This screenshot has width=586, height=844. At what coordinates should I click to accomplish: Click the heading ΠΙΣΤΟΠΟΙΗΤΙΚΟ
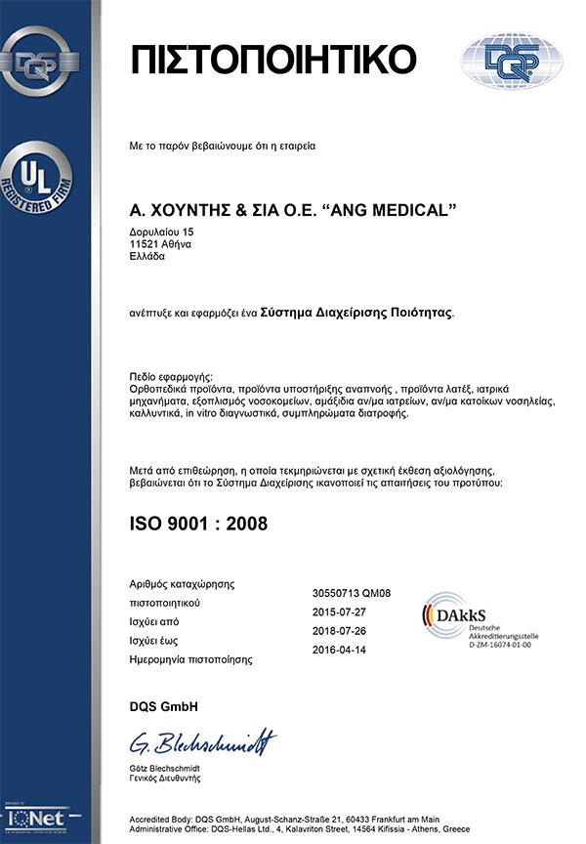(272, 60)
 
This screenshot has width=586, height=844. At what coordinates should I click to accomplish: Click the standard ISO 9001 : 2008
(198, 524)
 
